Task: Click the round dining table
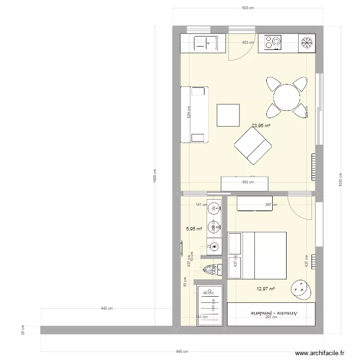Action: click(x=287, y=97)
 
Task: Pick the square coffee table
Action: click(x=228, y=115)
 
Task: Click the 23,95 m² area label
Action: click(x=261, y=126)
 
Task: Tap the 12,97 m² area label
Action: click(x=265, y=289)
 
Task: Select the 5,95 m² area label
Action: click(x=194, y=229)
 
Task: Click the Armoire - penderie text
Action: click(x=272, y=313)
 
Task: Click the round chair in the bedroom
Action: click(x=300, y=288)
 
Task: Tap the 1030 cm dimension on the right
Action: click(x=341, y=180)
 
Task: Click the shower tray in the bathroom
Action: click(x=210, y=304)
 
